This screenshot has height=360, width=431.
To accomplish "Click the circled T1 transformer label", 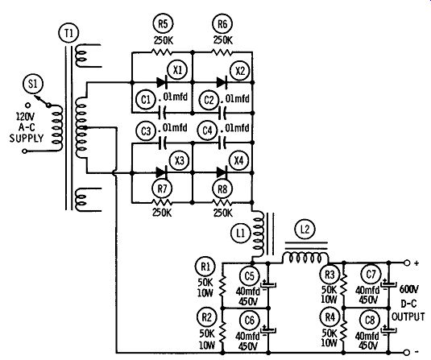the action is pyautogui.click(x=68, y=33).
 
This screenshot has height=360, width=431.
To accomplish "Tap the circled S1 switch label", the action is pyautogui.click(x=33, y=84).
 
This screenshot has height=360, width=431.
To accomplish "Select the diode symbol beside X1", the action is pyautogui.click(x=162, y=82).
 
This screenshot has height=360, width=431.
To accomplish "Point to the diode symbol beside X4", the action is pyautogui.click(x=222, y=172).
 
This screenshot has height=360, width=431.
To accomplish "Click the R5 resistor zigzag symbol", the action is pyautogui.click(x=162, y=52).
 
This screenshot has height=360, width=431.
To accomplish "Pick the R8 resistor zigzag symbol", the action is pyautogui.click(x=222, y=203).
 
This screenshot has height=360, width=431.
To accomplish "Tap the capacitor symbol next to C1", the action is pyautogui.click(x=162, y=113).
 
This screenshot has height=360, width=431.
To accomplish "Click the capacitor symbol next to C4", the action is pyautogui.click(x=222, y=143).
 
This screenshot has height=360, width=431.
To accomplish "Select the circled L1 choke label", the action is pyautogui.click(x=241, y=234).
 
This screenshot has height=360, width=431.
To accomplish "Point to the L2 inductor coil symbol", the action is pyautogui.click(x=305, y=257).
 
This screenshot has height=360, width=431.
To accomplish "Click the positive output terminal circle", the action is pyautogui.click(x=407, y=263).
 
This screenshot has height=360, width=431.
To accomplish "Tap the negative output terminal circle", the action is pyautogui.click(x=407, y=352).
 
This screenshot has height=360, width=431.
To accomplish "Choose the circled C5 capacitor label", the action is pyautogui.click(x=250, y=276).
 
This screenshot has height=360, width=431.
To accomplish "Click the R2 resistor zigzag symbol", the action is pyautogui.click(x=222, y=331).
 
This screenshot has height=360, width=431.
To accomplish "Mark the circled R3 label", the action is pyautogui.click(x=329, y=275).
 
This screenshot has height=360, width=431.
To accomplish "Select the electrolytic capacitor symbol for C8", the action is pyautogui.click(x=388, y=330).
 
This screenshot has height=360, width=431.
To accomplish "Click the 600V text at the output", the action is pyautogui.click(x=409, y=289).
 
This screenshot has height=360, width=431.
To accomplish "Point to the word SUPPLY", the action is pyautogui.click(x=27, y=138).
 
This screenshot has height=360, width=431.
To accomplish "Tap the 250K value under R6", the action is pyautogui.click(x=223, y=40).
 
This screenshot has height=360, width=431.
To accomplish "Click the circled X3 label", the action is pyautogui.click(x=179, y=160).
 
